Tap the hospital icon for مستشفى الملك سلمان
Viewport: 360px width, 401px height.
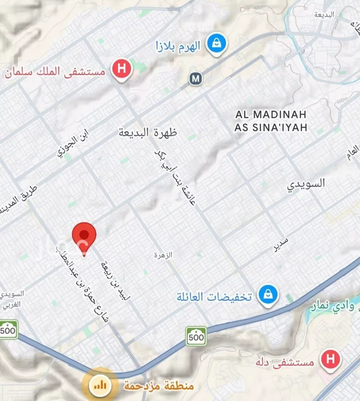122,69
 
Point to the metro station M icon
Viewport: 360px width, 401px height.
195,78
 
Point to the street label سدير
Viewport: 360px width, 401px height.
280,245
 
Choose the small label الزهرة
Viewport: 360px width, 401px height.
163,255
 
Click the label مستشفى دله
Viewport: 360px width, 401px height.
291,362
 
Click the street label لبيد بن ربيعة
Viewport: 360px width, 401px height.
116,280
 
